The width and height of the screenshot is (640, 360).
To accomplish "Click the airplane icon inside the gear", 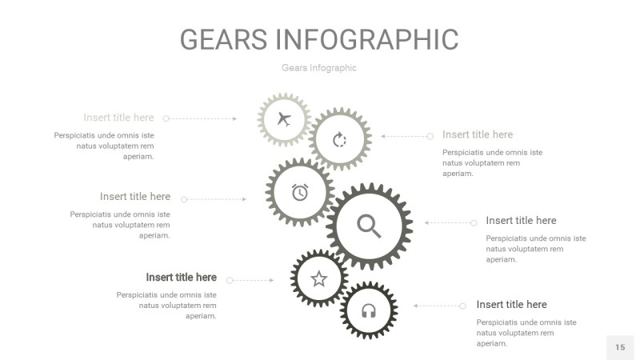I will pyautogui.click(x=283, y=120).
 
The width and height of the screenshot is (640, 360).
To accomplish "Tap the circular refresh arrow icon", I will pyautogui.click(x=339, y=140).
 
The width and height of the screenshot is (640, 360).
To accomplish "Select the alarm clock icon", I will pyautogui.click(x=300, y=192).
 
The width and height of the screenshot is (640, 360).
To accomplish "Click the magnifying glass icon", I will pyautogui.click(x=369, y=226).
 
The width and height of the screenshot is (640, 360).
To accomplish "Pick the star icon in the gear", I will pyautogui.click(x=319, y=278).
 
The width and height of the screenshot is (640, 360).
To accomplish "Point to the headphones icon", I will pyautogui.click(x=369, y=310).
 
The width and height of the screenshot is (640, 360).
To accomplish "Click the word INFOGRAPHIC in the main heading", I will pyautogui.click(x=367, y=39).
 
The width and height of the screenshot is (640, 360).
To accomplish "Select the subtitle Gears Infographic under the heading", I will pyautogui.click(x=319, y=68).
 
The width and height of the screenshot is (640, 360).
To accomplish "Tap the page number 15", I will pyautogui.click(x=620, y=347).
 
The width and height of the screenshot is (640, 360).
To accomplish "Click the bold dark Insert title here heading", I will pyautogui.click(x=181, y=278).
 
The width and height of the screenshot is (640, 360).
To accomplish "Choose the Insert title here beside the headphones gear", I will pyautogui.click(x=511, y=305).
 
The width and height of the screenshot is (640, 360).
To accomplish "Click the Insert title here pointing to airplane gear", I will pyautogui.click(x=118, y=118).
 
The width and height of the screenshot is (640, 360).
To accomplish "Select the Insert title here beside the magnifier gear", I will pyautogui.click(x=521, y=221).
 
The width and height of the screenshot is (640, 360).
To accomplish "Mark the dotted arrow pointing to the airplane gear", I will pyautogui.click(x=202, y=118).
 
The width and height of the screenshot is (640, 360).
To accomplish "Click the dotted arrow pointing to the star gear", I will pyautogui.click(x=252, y=280).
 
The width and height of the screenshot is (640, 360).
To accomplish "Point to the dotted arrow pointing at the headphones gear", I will pyautogui.click(x=438, y=306).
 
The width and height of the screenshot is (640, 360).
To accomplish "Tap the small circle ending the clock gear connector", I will pyautogui.click(x=184, y=199).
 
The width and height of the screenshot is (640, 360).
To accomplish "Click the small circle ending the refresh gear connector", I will pyautogui.click(x=430, y=136).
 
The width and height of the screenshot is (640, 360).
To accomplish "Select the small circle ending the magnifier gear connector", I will pyautogui.click(x=474, y=222).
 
